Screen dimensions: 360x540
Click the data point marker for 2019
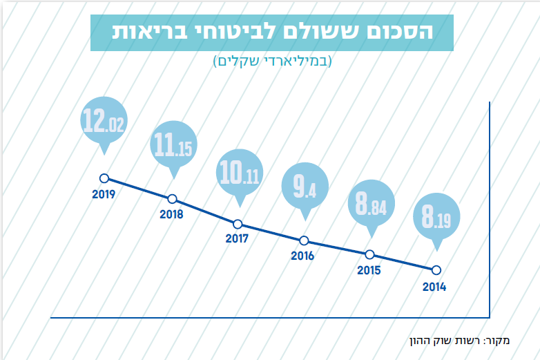point(104,178)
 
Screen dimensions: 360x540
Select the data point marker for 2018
point(172,199)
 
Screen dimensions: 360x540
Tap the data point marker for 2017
point(238,224)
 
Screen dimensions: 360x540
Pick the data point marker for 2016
point(304,240)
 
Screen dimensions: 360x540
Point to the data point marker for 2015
point(369,254)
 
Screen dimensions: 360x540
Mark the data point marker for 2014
point(436,270)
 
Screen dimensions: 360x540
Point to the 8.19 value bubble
point(436,219)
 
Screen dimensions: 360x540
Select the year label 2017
point(236,240)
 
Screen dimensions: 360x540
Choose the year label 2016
point(302,256)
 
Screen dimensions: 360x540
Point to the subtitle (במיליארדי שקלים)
point(272,61)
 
